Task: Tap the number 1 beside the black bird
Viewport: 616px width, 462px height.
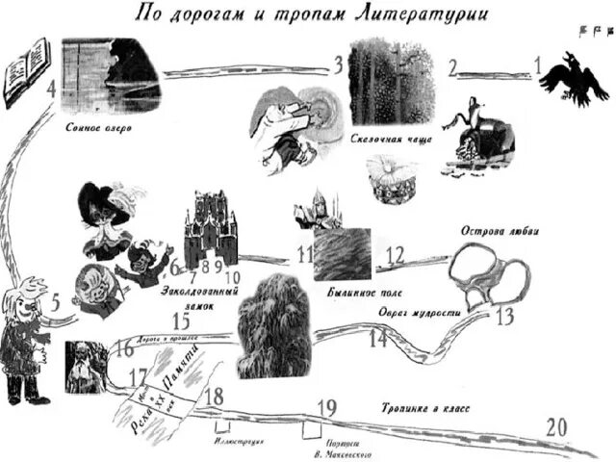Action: pyautogui.click(x=540, y=69)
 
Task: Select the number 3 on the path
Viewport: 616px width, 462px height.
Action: pyautogui.click(x=338, y=65)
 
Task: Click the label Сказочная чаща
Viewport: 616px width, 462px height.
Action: pyautogui.click(x=390, y=139)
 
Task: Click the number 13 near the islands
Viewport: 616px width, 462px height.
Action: pyautogui.click(x=505, y=317)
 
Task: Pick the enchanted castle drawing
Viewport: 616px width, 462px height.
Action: pyautogui.click(x=210, y=226)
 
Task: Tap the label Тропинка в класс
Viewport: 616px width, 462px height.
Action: pyautogui.click(x=424, y=408)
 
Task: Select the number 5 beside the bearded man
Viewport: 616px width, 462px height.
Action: pyautogui.click(x=56, y=301)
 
